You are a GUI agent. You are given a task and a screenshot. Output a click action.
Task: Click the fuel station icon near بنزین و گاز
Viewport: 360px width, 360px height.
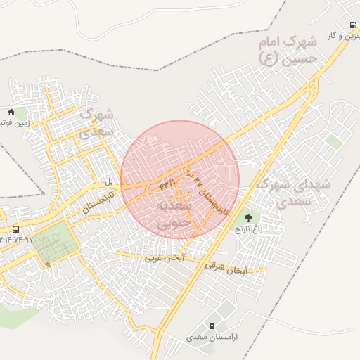(352, 25)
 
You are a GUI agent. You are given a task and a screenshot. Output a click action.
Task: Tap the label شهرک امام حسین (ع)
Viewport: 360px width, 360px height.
(289, 51)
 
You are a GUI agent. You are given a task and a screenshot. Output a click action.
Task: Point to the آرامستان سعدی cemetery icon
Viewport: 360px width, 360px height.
(213, 325)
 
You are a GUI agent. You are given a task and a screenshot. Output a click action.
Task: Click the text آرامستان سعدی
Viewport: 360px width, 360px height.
(213, 337)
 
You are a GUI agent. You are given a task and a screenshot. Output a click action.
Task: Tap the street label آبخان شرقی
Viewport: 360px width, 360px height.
(226, 268)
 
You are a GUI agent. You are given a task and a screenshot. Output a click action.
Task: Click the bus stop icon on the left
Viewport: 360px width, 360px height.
(15, 229)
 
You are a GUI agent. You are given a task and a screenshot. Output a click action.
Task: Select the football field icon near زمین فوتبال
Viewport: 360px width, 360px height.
(10, 112)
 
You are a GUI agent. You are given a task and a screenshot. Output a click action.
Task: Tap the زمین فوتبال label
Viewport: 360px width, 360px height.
(11, 123)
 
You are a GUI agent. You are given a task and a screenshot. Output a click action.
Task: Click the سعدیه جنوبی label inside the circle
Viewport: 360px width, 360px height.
(175, 214)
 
